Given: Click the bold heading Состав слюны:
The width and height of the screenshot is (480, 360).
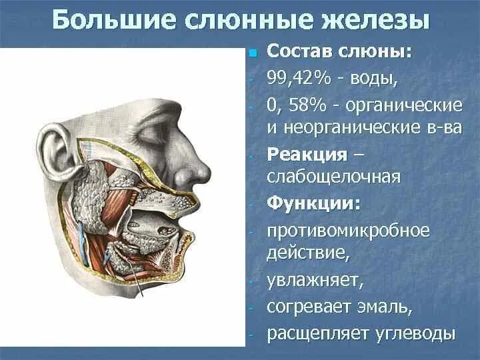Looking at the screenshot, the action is (339, 53).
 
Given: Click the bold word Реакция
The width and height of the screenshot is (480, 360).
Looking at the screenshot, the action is (307, 155).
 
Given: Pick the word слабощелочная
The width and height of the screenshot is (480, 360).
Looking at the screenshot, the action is (333, 177).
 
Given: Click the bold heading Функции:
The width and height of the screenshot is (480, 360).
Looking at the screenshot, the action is (313, 203).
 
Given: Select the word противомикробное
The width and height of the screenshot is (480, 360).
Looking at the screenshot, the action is (349, 231).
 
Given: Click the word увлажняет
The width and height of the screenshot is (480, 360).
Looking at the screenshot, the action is (315, 280).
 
